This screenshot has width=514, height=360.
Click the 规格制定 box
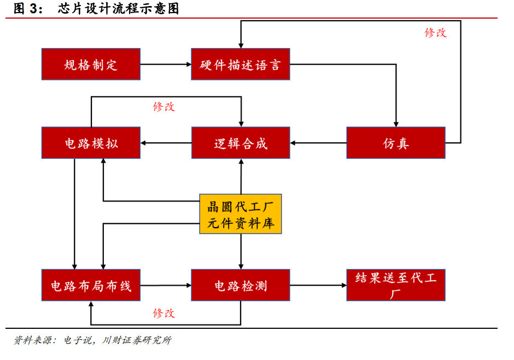91,65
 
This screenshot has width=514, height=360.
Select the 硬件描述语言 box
241,65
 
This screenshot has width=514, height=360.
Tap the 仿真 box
395,143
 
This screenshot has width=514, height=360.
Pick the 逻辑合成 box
241,143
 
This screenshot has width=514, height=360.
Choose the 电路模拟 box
91,143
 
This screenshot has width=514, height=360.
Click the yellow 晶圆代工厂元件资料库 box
241,214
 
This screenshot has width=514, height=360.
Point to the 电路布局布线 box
91,285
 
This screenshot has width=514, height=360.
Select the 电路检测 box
241,285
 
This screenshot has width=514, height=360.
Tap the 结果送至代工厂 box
395,285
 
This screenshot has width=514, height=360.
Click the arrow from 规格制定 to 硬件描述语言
166,65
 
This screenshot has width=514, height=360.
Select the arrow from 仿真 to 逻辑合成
318,143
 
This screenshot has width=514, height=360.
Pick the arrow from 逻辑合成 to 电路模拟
166,143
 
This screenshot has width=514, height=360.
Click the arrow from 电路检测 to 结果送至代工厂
318,285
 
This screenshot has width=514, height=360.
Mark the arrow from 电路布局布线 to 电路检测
166,285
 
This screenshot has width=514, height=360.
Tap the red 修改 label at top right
436,32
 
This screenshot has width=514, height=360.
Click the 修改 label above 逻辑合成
164,107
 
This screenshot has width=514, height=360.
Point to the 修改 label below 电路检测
164,313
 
